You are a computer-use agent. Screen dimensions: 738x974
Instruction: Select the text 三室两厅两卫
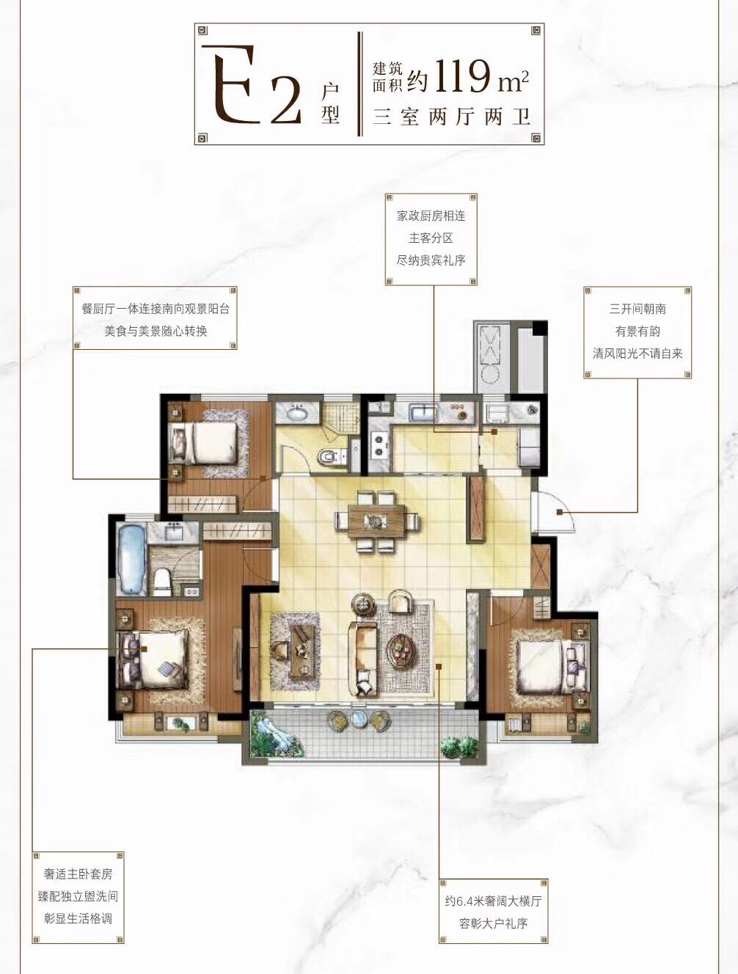(x=452, y=117)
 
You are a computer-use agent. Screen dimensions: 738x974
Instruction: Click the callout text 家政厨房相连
(x=431, y=216)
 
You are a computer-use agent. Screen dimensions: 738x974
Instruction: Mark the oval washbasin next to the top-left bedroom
(x=296, y=414)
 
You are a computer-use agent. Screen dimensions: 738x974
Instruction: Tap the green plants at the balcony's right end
(x=458, y=747)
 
